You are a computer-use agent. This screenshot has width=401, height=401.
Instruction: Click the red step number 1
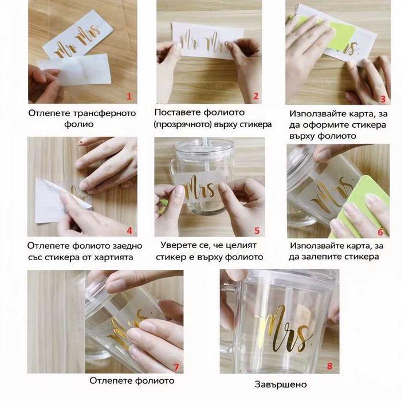tap(129, 96)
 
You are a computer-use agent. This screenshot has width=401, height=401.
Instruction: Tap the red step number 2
tap(256, 96)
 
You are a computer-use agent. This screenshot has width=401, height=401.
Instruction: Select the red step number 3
tap(383, 99)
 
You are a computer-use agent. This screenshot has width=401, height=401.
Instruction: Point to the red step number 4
tap(129, 231)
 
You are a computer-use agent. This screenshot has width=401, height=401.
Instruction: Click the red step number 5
tap(257, 231)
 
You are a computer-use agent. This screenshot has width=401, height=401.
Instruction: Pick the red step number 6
tap(381, 232)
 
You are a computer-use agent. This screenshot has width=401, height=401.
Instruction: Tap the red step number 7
tap(176, 368)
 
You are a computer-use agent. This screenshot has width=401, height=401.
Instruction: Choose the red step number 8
tap(329, 366)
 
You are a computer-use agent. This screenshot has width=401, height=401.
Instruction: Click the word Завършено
tap(281, 384)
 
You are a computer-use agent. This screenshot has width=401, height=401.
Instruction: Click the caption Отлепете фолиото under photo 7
tap(132, 380)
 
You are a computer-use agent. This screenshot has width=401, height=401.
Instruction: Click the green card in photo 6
tap(358, 205)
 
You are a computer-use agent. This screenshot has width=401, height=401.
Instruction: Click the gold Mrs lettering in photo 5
tap(200, 188)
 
